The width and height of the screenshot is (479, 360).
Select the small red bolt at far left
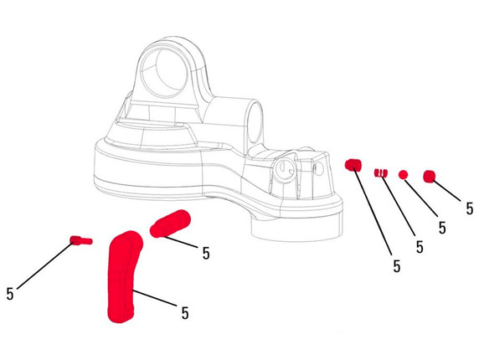click(81, 240)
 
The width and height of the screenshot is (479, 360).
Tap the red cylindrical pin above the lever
click(170, 224)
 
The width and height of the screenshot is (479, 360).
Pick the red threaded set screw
click(353, 164)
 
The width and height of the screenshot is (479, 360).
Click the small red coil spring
click(381, 172)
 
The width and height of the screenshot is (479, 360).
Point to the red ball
click(403, 174)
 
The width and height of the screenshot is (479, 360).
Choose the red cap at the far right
click(430, 177)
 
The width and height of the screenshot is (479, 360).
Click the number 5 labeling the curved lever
click(185, 313)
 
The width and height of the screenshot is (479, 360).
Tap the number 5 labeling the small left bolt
click(10, 294)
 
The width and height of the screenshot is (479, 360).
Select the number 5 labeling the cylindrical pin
click(206, 253)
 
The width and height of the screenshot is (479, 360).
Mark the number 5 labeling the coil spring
click(420, 247)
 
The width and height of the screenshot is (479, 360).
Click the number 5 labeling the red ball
click(442, 228)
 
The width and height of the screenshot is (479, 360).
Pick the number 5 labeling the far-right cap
click(470, 208)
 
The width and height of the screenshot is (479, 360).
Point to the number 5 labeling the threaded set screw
click(397, 266)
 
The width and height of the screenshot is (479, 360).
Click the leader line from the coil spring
click(398, 205)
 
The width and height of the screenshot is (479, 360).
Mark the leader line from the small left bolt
click(45, 265)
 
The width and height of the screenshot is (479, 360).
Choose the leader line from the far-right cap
click(446, 191)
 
